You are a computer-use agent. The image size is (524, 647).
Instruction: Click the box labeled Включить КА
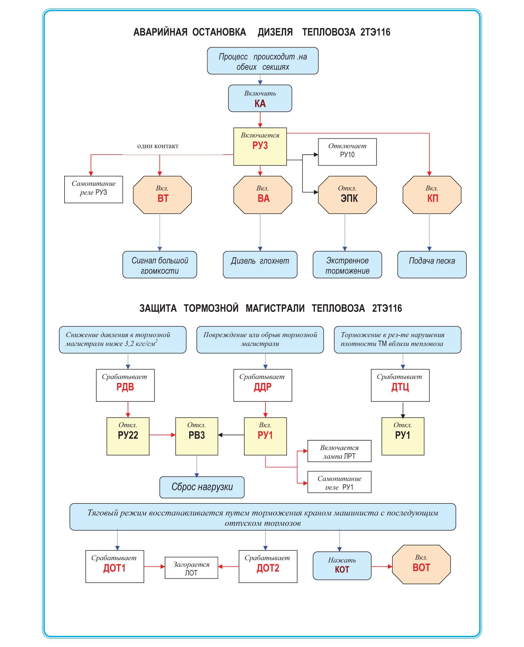coord(260,98)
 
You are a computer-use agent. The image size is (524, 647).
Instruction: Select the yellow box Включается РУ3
coord(260,147)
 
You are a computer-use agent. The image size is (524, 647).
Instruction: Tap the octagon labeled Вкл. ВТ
coord(162,195)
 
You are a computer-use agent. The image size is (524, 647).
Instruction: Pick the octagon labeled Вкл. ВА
coord(263,195)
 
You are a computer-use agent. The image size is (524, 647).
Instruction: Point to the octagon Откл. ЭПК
coord(347,195)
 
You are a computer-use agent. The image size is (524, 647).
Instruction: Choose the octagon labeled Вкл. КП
coord(432,195)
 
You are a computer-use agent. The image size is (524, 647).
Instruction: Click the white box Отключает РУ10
coord(347,152)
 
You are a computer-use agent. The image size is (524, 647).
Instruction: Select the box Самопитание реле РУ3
coord(94,189)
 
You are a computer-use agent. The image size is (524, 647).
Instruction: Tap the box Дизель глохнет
coord(260,264)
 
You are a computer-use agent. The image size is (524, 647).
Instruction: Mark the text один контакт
coord(158,146)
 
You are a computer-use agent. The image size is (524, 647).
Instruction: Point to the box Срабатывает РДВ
coord(125,385)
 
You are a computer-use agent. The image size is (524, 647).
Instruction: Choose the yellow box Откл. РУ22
coord(128,436)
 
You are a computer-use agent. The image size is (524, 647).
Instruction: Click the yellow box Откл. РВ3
coord(196,436)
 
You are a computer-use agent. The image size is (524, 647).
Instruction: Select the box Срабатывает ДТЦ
coord(400,385)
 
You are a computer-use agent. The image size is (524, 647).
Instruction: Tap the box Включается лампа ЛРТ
coord(339,451)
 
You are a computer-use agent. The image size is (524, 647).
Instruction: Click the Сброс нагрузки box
coord(202,487)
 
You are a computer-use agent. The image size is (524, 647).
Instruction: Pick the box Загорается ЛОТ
coord(191,567)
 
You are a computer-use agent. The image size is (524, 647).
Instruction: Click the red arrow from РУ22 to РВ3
coord(162,435)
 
